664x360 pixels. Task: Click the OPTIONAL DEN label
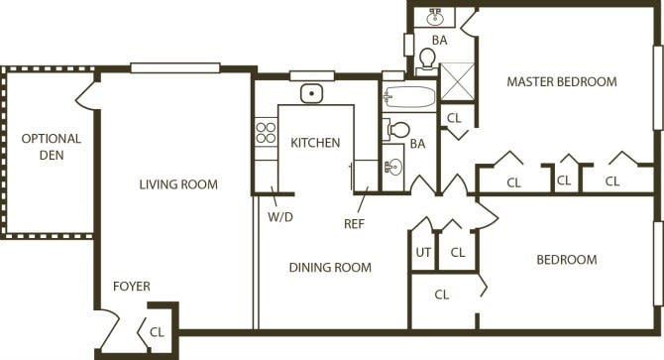coord(52,147)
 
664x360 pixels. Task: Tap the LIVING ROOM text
coord(178,184)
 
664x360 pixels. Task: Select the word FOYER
coord(131,287)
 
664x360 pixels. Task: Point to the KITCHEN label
coord(315,143)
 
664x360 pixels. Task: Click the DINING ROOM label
coord(330,267)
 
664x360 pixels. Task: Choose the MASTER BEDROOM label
coord(562,81)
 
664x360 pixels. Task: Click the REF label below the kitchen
coord(355,224)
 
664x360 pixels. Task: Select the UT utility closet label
coord(423,253)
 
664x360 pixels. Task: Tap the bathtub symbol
coord(409,97)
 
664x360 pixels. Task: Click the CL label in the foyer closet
coord(157,331)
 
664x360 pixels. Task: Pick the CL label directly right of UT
coord(458,253)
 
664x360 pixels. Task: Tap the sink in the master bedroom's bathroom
coord(435,17)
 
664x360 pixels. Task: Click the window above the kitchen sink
coord(312,74)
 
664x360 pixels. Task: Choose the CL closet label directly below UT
coord(442,295)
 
